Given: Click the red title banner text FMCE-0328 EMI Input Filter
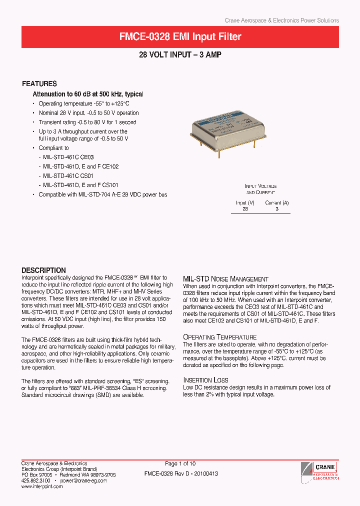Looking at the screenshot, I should point(180,37).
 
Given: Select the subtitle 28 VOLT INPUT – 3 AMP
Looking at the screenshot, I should point(180,55).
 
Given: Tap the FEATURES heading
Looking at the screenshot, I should point(39,84).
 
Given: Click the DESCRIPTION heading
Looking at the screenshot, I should point(43,270).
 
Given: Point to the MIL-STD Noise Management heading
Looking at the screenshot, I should point(225,279).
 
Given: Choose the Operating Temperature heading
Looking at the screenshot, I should point(219,337).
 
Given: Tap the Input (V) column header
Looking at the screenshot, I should point(245,203).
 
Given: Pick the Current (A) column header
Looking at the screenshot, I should point(277,203).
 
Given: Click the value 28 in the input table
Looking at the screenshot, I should point(245,209).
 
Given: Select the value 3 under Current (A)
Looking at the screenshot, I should point(277,209).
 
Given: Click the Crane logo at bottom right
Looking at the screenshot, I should point(320,471).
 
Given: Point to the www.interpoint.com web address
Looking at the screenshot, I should point(42,486).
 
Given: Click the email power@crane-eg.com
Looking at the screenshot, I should point(83,480).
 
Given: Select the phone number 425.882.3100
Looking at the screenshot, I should point(35,480).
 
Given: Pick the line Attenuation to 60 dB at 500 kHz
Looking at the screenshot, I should point(88,94).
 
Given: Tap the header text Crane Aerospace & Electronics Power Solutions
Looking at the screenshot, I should point(281,20).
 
